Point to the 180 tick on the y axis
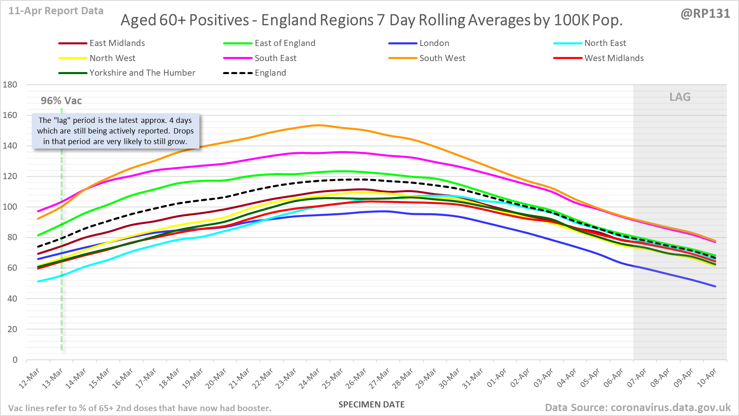[x=10, y=85]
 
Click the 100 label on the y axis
[x=10, y=207]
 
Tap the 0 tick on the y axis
[x=15, y=360]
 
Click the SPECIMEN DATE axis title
[x=372, y=405]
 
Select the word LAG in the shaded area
[x=680, y=97]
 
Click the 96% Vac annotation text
[x=61, y=101]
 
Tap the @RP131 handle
[x=705, y=13]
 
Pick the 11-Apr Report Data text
[x=56, y=11]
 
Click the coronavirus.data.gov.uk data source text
[x=638, y=407]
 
